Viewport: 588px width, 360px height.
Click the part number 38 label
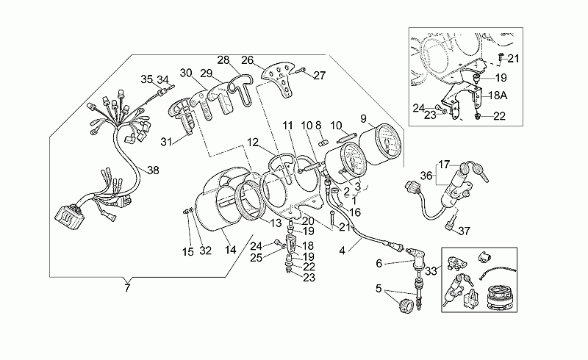[153, 170]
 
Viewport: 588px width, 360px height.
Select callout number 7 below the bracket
[127, 288]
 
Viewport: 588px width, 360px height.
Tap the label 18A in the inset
[498, 96]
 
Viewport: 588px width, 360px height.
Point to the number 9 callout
[363, 118]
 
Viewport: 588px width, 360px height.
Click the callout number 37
[464, 231]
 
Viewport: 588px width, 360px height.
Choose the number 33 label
[431, 271]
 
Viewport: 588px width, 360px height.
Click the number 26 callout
[248, 60]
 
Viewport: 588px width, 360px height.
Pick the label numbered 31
[166, 142]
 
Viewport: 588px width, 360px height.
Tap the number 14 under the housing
[230, 250]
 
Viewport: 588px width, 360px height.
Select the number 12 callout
[253, 143]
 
